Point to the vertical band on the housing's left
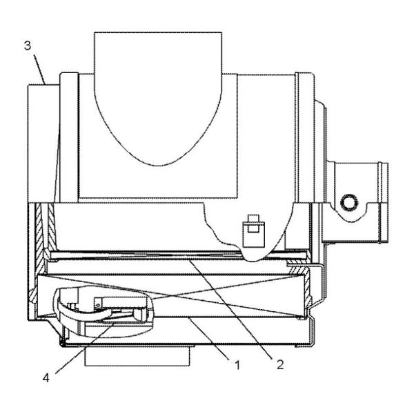click(x=68, y=138)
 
